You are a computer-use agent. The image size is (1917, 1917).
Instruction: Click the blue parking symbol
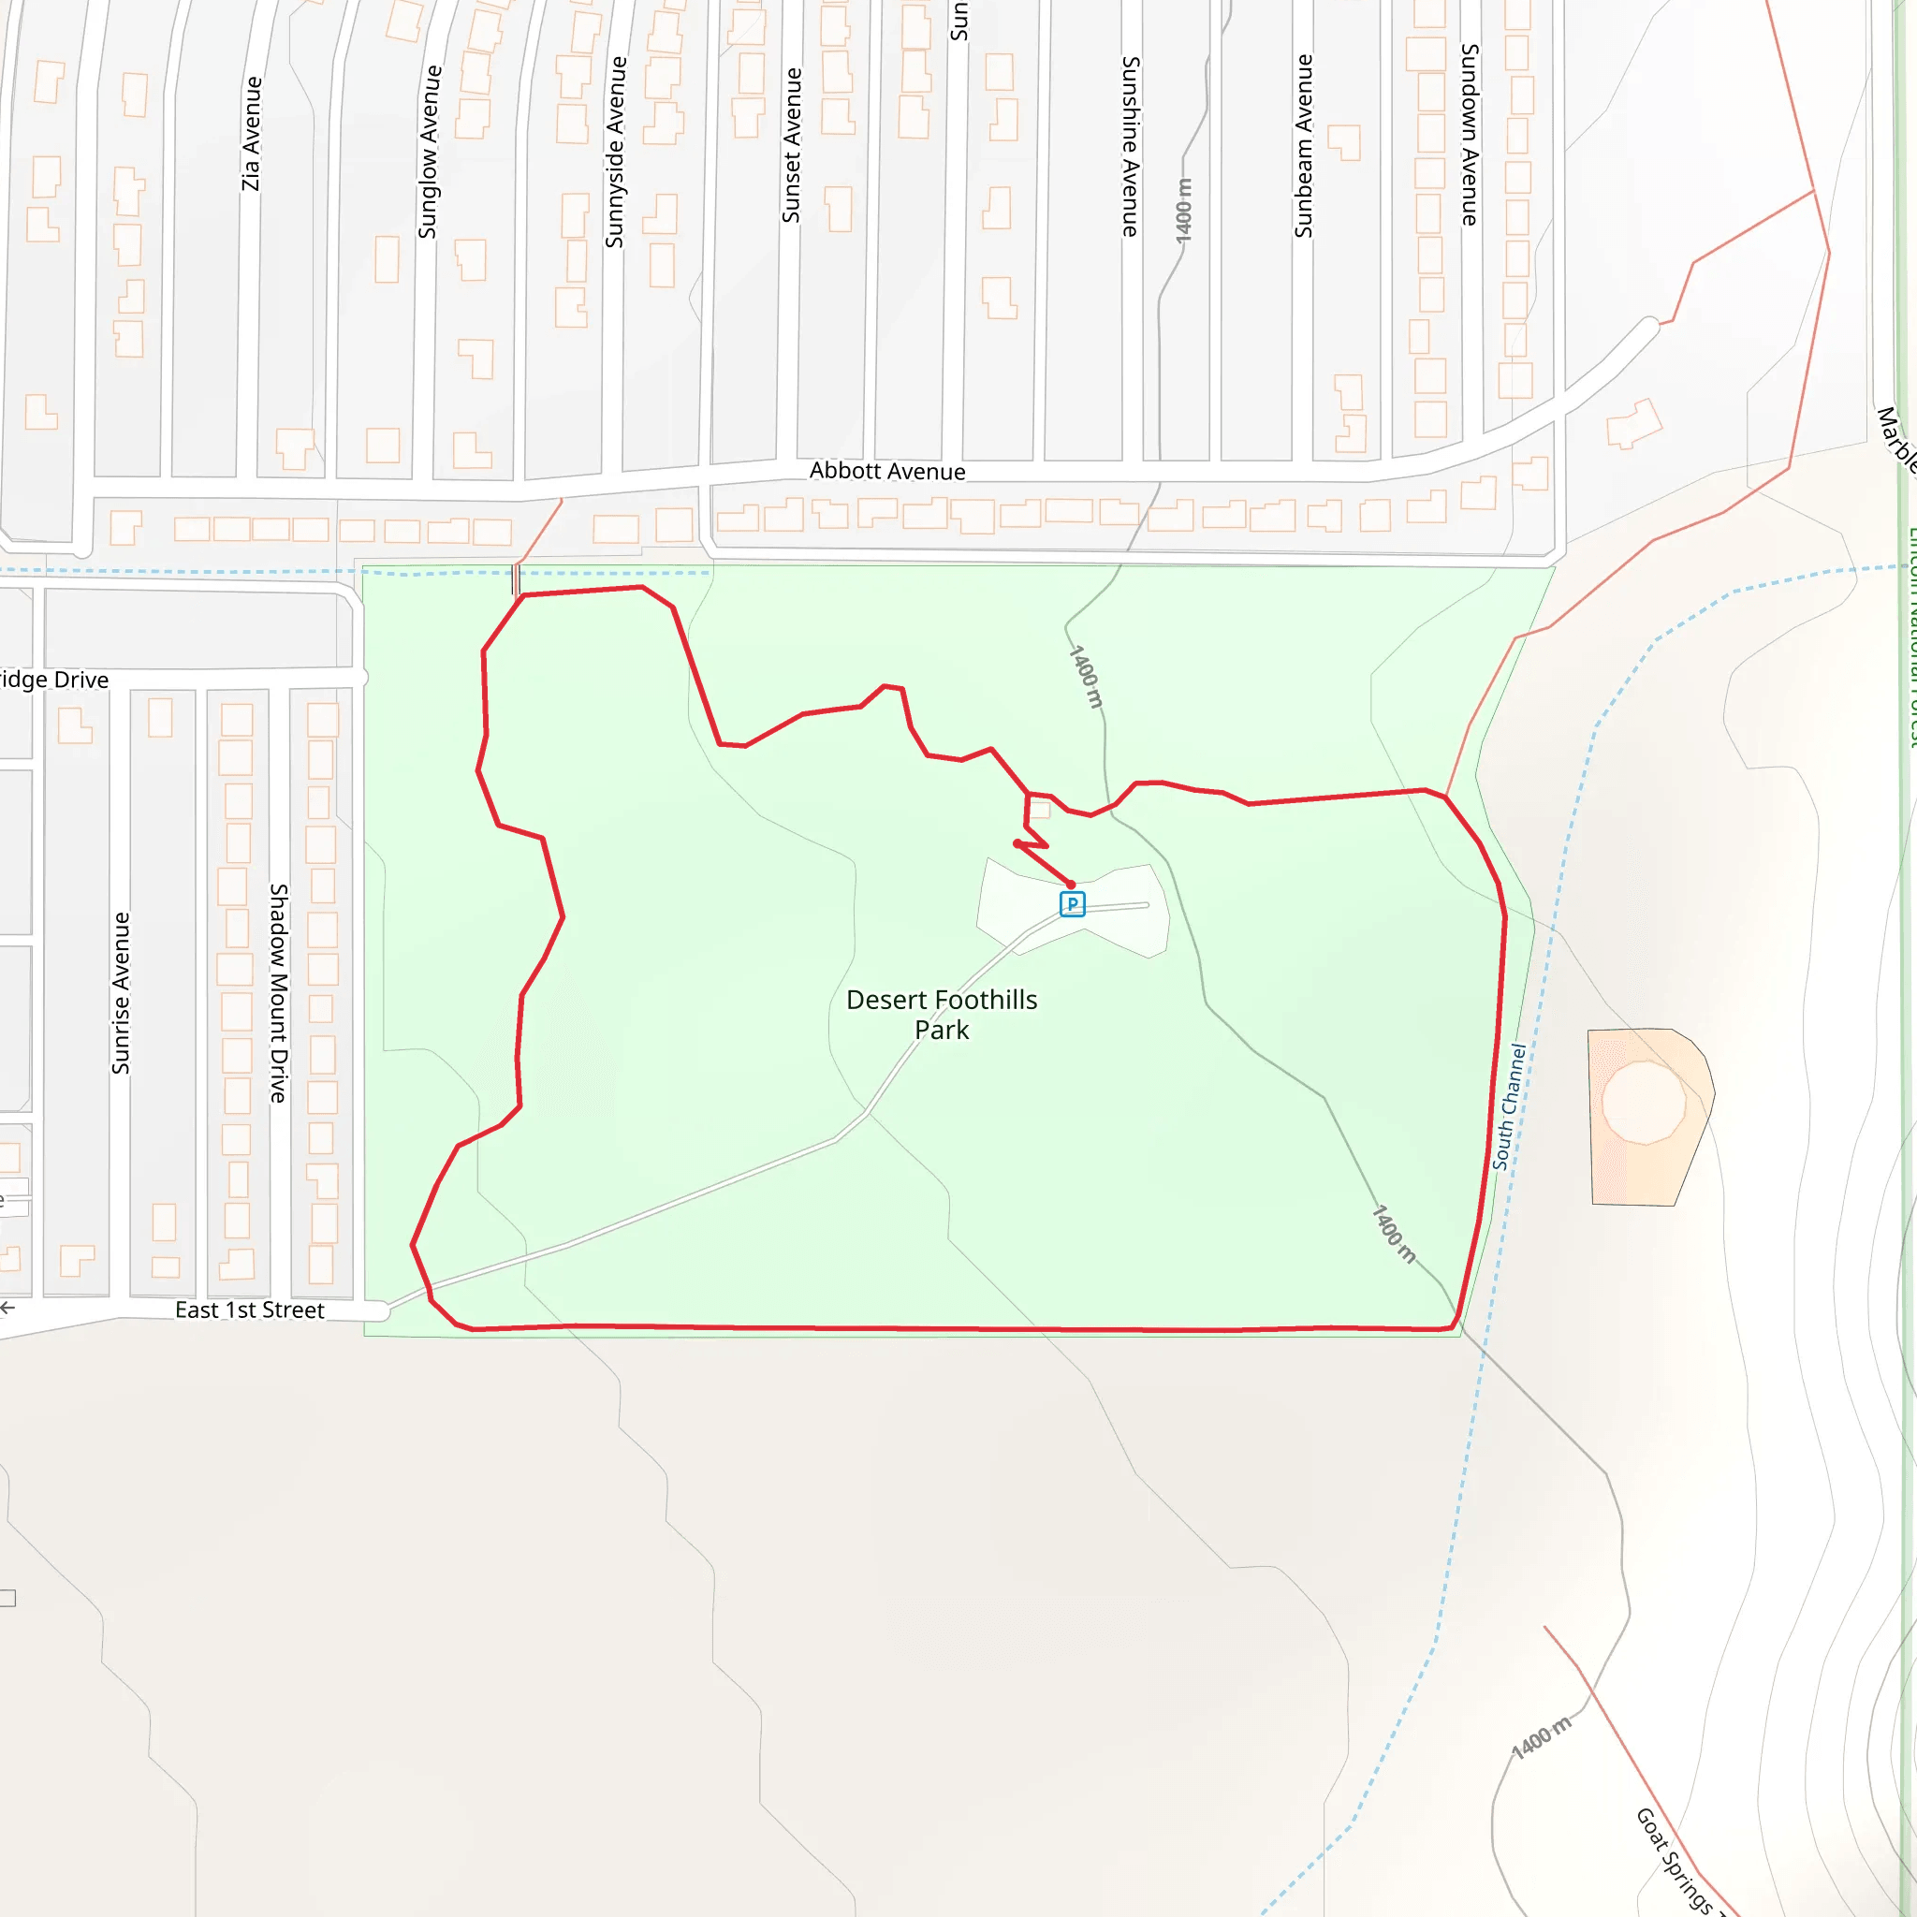pyautogui.click(x=1072, y=904)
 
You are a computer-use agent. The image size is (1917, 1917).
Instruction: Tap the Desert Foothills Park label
pyautogui.click(x=942, y=1014)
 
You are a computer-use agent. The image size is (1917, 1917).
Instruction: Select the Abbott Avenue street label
pyautogui.click(x=887, y=472)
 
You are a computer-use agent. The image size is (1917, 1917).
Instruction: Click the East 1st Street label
pyautogui.click(x=249, y=1310)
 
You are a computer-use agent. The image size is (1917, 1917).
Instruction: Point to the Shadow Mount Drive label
pyautogui.click(x=279, y=993)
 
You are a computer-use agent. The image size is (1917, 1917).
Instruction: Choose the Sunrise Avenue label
pyautogui.click(x=121, y=993)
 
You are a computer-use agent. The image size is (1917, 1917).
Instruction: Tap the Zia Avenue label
pyautogui.click(x=252, y=134)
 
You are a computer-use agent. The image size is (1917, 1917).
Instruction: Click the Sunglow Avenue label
pyautogui.click(x=429, y=152)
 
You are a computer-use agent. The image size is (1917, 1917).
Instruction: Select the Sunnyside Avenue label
pyautogui.click(x=615, y=152)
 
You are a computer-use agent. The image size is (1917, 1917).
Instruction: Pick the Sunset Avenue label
pyautogui.click(x=792, y=146)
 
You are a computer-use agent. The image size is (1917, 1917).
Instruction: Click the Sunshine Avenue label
pyautogui.click(x=1130, y=146)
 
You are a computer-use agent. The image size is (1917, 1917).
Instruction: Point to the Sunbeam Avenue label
pyautogui.click(x=1304, y=146)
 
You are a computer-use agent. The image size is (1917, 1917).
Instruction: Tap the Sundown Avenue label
pyautogui.click(x=1470, y=135)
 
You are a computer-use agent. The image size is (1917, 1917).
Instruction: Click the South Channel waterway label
pyautogui.click(x=1509, y=1106)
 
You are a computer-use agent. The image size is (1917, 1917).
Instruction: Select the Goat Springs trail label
pyautogui.click(x=1675, y=1861)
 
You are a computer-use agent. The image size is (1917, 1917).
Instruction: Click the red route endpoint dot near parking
pyautogui.click(x=1071, y=884)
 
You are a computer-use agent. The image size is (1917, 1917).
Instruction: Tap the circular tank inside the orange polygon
pyautogui.click(x=1643, y=1103)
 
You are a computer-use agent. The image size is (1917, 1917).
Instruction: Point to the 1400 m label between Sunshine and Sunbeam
pyautogui.click(x=1184, y=211)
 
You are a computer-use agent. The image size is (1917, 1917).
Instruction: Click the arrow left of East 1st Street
pyautogui.click(x=7, y=1308)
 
